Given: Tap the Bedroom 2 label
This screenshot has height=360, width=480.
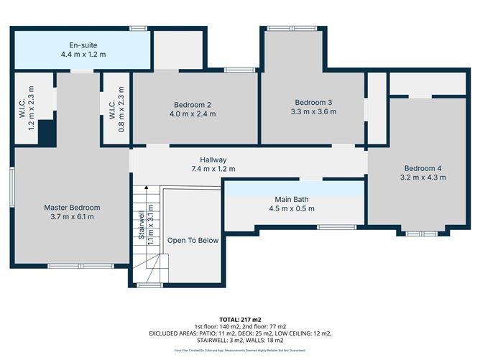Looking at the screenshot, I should (x=192, y=103).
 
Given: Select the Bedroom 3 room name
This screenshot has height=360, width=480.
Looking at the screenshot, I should (x=313, y=101).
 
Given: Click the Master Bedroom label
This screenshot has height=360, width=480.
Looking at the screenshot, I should (x=71, y=207).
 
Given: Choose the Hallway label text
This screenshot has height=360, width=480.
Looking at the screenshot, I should (x=213, y=160).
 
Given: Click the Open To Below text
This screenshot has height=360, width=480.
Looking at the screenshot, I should (x=193, y=240).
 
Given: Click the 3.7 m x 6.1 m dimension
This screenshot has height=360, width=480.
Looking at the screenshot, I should (x=71, y=217).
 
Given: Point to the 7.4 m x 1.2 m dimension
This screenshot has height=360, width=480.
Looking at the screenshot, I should (x=213, y=170).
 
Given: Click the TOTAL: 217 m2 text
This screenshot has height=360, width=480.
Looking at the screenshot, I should (x=239, y=318).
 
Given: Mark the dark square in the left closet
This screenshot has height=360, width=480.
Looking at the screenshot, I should (x=47, y=134).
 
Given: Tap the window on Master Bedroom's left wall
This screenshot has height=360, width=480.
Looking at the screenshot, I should (x=12, y=191).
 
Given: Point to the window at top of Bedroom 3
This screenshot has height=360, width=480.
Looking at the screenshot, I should (x=291, y=28).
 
